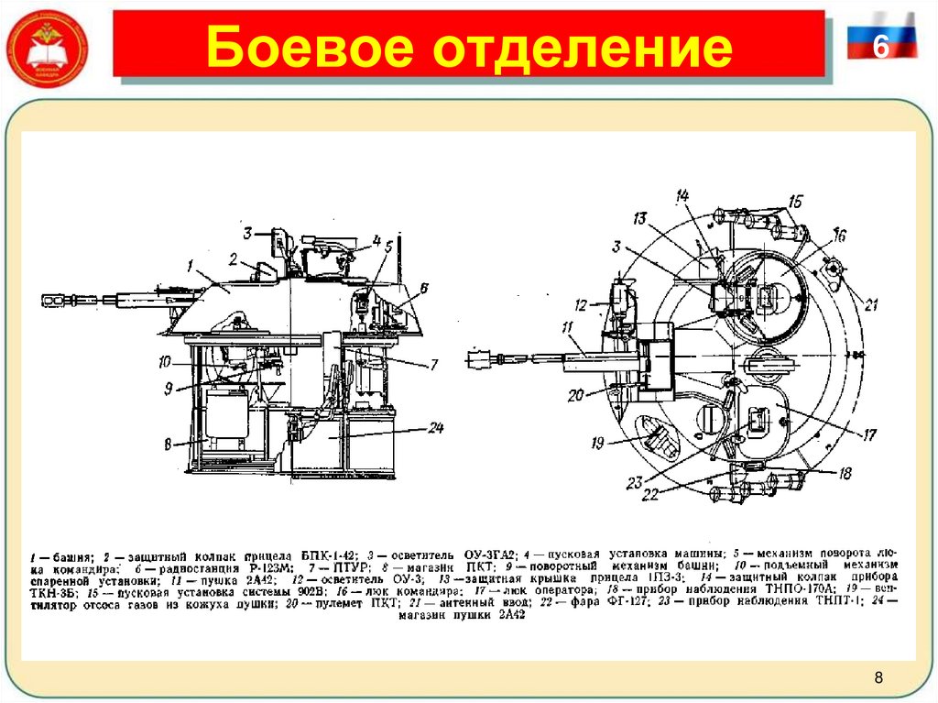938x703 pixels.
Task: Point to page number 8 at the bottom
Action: [x=878, y=678]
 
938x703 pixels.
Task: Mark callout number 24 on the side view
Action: [x=436, y=428]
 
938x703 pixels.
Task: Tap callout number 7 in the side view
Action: [x=433, y=364]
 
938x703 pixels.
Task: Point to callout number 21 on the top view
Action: [x=870, y=305]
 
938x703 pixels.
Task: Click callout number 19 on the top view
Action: [x=596, y=443]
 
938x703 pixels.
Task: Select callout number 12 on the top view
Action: [x=580, y=305]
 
